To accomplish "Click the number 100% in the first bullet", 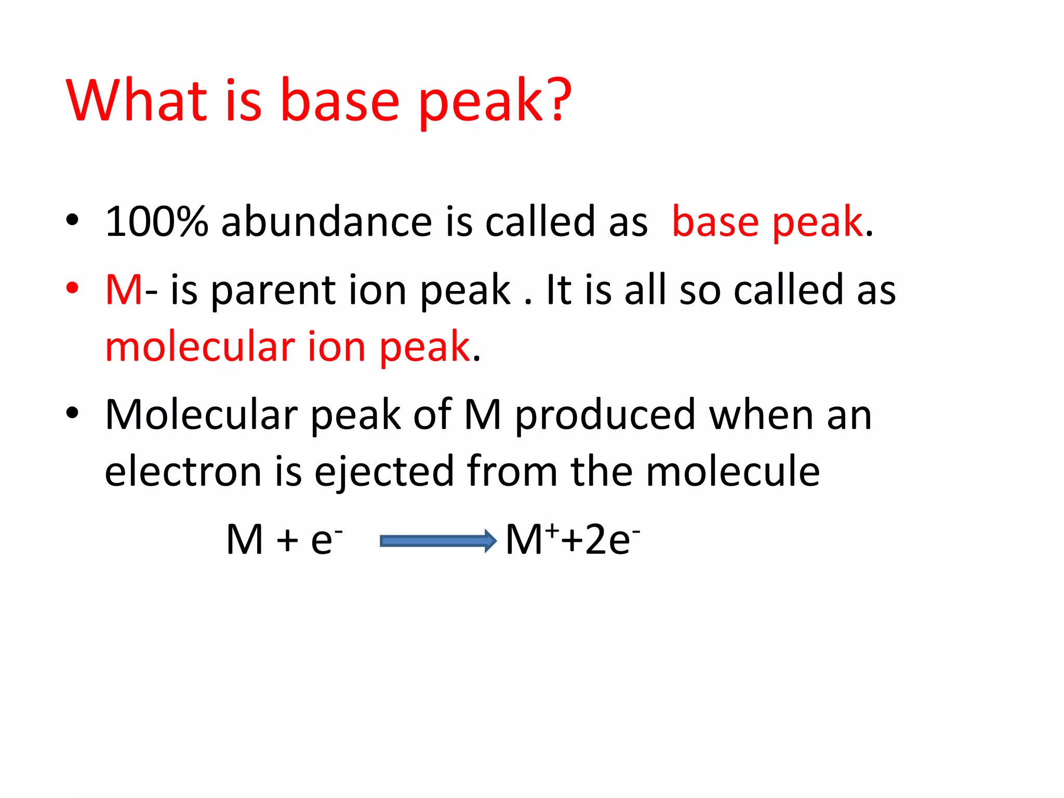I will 156,222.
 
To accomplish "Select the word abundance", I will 326,222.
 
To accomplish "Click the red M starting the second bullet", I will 124,290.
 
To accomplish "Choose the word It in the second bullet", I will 558,290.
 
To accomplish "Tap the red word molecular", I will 200,347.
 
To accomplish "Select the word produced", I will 605,416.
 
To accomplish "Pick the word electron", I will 183,472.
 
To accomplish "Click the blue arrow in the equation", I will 438,541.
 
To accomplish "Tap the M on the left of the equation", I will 244,540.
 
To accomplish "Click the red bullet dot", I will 72,288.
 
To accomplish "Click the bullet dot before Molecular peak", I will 72,413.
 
